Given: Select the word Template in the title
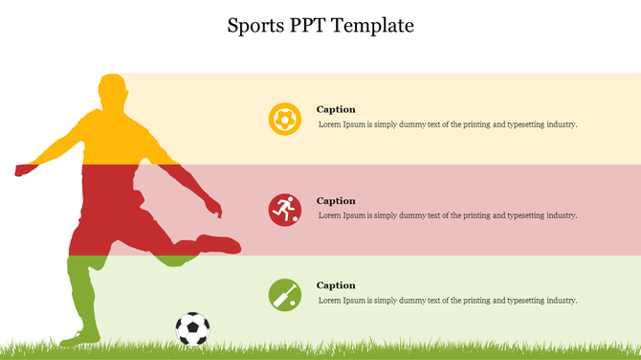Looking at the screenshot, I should pos(377,26).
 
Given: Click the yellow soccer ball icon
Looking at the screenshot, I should pos(284,119).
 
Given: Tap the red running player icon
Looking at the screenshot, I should pos(284,210).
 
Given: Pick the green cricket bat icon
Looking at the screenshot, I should pos(284,295).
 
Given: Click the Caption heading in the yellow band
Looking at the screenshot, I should pos(336,109).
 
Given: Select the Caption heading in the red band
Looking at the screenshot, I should pos(336,201).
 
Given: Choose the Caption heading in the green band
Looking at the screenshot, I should pos(336,285).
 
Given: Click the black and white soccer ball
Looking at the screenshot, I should pos(192,328).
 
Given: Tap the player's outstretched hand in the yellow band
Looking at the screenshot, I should pos(22,170).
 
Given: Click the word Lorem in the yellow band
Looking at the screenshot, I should pos(330,124).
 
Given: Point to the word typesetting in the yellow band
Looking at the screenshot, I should pos(520,124).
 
